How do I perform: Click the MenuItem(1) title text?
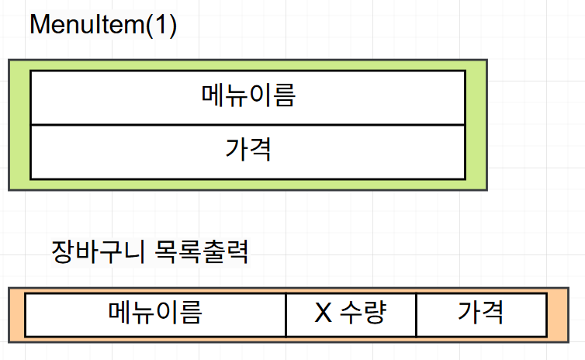(x=103, y=25)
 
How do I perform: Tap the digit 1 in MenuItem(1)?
(x=161, y=25)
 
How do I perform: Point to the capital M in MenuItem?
(x=40, y=25)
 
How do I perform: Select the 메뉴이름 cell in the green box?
(x=247, y=97)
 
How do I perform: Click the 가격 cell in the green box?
(x=247, y=151)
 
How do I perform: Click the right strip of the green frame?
(x=476, y=124)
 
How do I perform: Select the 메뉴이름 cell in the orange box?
(x=155, y=313)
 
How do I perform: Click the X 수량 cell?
(x=351, y=313)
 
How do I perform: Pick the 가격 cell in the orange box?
(x=481, y=313)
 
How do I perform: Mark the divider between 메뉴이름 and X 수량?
(x=286, y=314)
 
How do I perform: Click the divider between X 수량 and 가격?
(x=416, y=314)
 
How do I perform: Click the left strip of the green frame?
(x=19, y=124)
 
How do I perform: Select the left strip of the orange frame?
(x=17, y=314)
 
